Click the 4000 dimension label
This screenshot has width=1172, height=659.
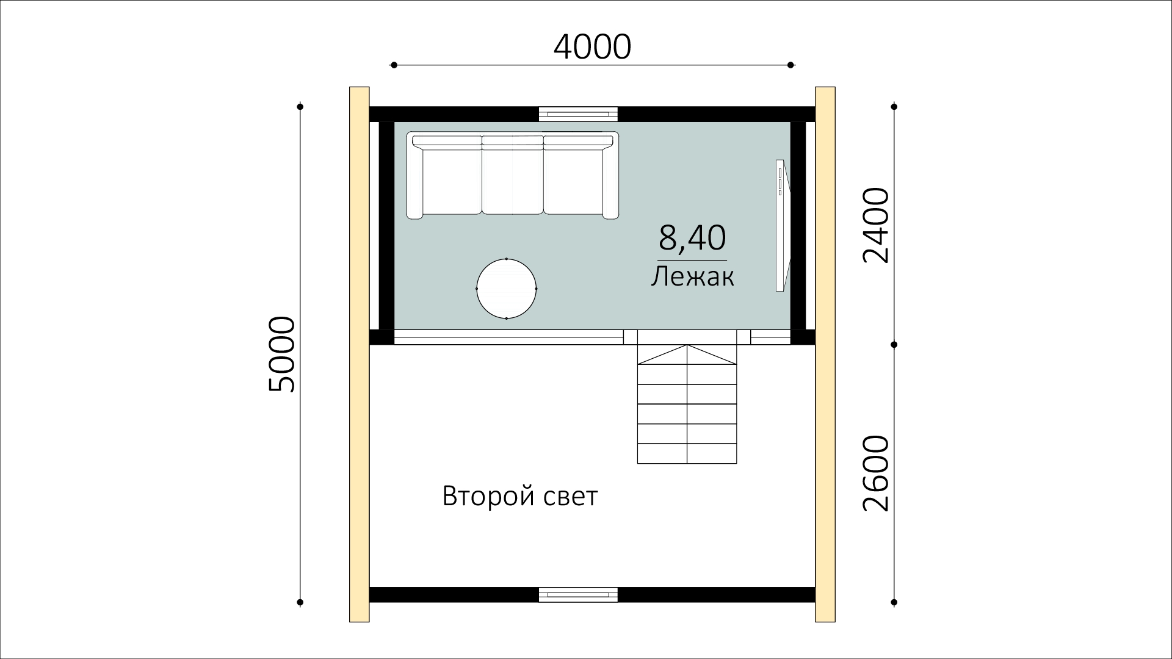[x=591, y=47]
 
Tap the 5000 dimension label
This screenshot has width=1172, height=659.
[x=281, y=354]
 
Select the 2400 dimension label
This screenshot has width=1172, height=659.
[x=876, y=225]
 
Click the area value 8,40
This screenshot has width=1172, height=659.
[x=692, y=238]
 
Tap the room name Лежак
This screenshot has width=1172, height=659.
[x=692, y=277]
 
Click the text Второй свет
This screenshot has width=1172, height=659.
[x=520, y=496]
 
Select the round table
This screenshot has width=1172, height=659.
[x=507, y=289]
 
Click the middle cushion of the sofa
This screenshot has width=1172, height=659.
[x=512, y=180]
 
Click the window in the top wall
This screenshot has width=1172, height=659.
[x=578, y=114]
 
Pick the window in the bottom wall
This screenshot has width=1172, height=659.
[x=578, y=594]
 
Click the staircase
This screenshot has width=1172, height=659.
[x=687, y=404]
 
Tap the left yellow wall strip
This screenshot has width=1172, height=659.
[x=360, y=355]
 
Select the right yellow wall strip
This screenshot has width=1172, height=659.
[x=825, y=355]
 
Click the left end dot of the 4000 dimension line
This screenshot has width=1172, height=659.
[x=394, y=65]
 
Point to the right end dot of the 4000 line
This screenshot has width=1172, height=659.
[x=790, y=65]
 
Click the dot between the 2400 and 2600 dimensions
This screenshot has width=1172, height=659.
[x=894, y=345]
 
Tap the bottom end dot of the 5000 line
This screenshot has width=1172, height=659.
[x=300, y=603]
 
